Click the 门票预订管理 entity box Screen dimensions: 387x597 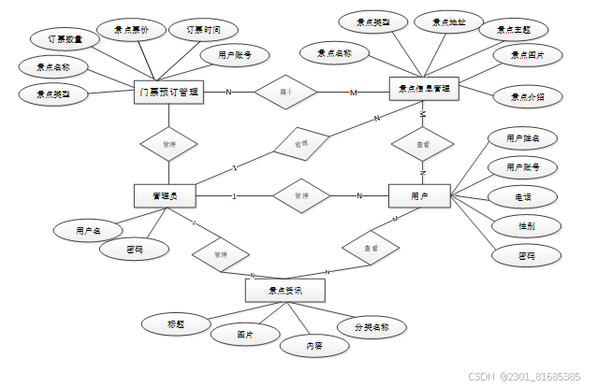167,92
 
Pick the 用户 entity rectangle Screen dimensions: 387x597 419,195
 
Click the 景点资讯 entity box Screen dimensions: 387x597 284,291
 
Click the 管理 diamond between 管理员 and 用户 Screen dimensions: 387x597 300,196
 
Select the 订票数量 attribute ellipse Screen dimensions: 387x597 64,41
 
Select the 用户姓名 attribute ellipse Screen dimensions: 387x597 523,137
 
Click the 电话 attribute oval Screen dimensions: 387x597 524,197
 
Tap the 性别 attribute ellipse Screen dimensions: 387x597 526,225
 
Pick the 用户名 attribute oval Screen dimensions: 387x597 88,228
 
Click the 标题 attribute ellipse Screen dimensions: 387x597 175,323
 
